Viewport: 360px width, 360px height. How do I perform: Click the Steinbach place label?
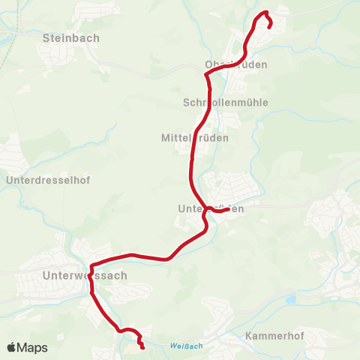pos(71,37)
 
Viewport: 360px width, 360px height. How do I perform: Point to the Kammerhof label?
pos(274,337)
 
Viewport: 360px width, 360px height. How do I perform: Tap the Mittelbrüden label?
pos(195,138)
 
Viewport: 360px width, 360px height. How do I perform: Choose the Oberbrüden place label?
pos(235,64)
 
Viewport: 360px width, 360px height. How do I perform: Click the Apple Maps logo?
pos(27,348)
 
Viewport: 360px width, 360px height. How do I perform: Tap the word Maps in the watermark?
pos(33,348)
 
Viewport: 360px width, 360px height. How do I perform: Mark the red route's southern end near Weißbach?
pos(142,347)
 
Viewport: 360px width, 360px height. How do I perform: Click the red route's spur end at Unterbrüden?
pos(227,209)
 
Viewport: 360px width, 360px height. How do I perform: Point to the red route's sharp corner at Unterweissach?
pos(91,266)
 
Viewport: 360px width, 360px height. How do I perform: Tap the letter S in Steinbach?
pos(47,37)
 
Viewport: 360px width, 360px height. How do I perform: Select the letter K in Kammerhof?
pos(249,337)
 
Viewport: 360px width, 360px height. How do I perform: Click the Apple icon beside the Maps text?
pos(12,348)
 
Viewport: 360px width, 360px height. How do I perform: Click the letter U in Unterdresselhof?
pos(9,181)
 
